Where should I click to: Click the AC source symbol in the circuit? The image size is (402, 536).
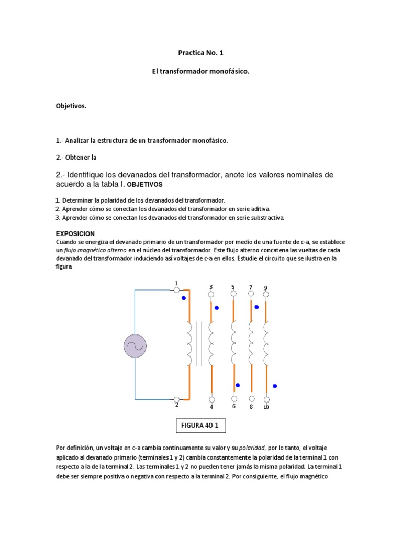click(135, 347)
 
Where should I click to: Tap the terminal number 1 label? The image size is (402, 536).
click(176, 283)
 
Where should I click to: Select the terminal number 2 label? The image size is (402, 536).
click(176, 405)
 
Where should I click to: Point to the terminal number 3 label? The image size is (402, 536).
click(211, 287)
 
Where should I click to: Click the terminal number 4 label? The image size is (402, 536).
click(211, 407)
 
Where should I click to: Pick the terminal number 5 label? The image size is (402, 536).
click(233, 287)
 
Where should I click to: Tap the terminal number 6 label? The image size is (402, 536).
click(234, 406)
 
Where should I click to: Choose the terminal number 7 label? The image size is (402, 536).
click(251, 287)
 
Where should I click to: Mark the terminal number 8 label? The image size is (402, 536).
click(251, 407)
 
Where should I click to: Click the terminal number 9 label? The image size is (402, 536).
click(265, 288)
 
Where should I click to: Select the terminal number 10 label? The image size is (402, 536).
click(266, 407)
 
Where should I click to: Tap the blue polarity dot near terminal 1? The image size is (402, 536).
click(183, 298)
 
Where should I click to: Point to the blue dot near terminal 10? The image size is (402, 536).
click(275, 386)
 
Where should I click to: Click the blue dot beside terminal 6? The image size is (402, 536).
click(238, 385)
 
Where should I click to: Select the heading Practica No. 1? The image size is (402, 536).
click(201, 53)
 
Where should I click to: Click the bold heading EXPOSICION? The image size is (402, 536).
click(75, 233)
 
